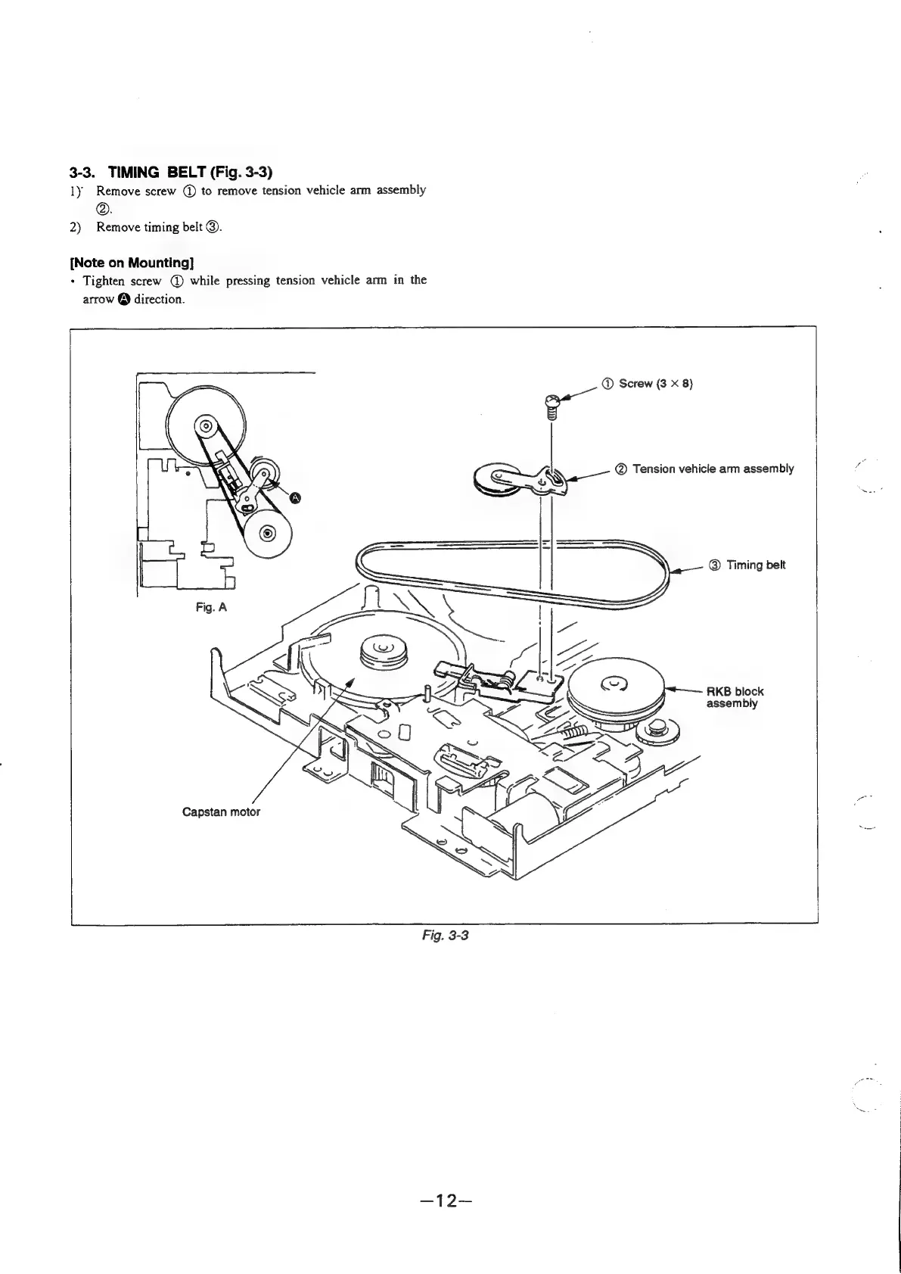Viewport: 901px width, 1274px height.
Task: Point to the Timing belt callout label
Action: [x=755, y=565]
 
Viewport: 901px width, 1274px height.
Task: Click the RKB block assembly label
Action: [x=734, y=697]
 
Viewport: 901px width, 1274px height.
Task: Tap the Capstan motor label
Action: [x=221, y=812]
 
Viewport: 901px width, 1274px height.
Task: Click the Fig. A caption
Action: [x=211, y=607]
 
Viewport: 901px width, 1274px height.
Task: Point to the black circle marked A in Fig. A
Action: [x=296, y=497]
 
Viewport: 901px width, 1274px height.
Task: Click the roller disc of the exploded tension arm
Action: [x=498, y=480]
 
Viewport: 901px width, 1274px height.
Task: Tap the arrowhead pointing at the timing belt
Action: [x=677, y=571]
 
